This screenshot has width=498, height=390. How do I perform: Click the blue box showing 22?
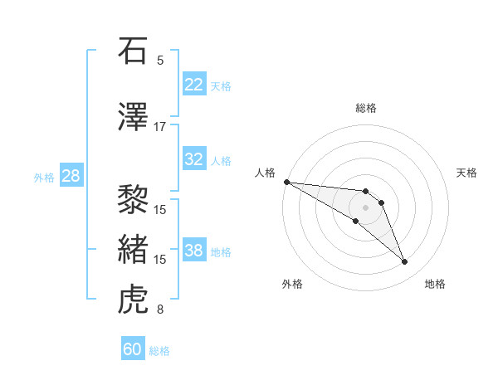point(193,84)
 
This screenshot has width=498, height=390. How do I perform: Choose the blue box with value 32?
point(193,160)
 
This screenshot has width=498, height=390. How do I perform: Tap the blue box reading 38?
point(193,251)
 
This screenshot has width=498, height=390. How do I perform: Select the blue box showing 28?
point(71,175)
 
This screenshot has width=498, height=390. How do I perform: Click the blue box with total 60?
point(133,349)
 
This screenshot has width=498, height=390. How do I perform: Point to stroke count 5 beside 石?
point(160,60)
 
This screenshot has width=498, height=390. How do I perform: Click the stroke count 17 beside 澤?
point(160,126)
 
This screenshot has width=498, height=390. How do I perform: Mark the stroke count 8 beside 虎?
point(160,310)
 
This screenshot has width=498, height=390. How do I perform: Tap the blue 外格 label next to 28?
point(44,177)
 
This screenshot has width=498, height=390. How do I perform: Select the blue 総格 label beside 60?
point(160,351)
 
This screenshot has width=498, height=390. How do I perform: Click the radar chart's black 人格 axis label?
point(266,173)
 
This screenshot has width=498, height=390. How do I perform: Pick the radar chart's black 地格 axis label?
point(435,284)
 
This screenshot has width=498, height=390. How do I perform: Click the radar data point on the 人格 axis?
point(286,181)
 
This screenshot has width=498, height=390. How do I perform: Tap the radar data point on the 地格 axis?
point(405,262)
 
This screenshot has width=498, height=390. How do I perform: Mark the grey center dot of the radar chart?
point(365,207)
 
